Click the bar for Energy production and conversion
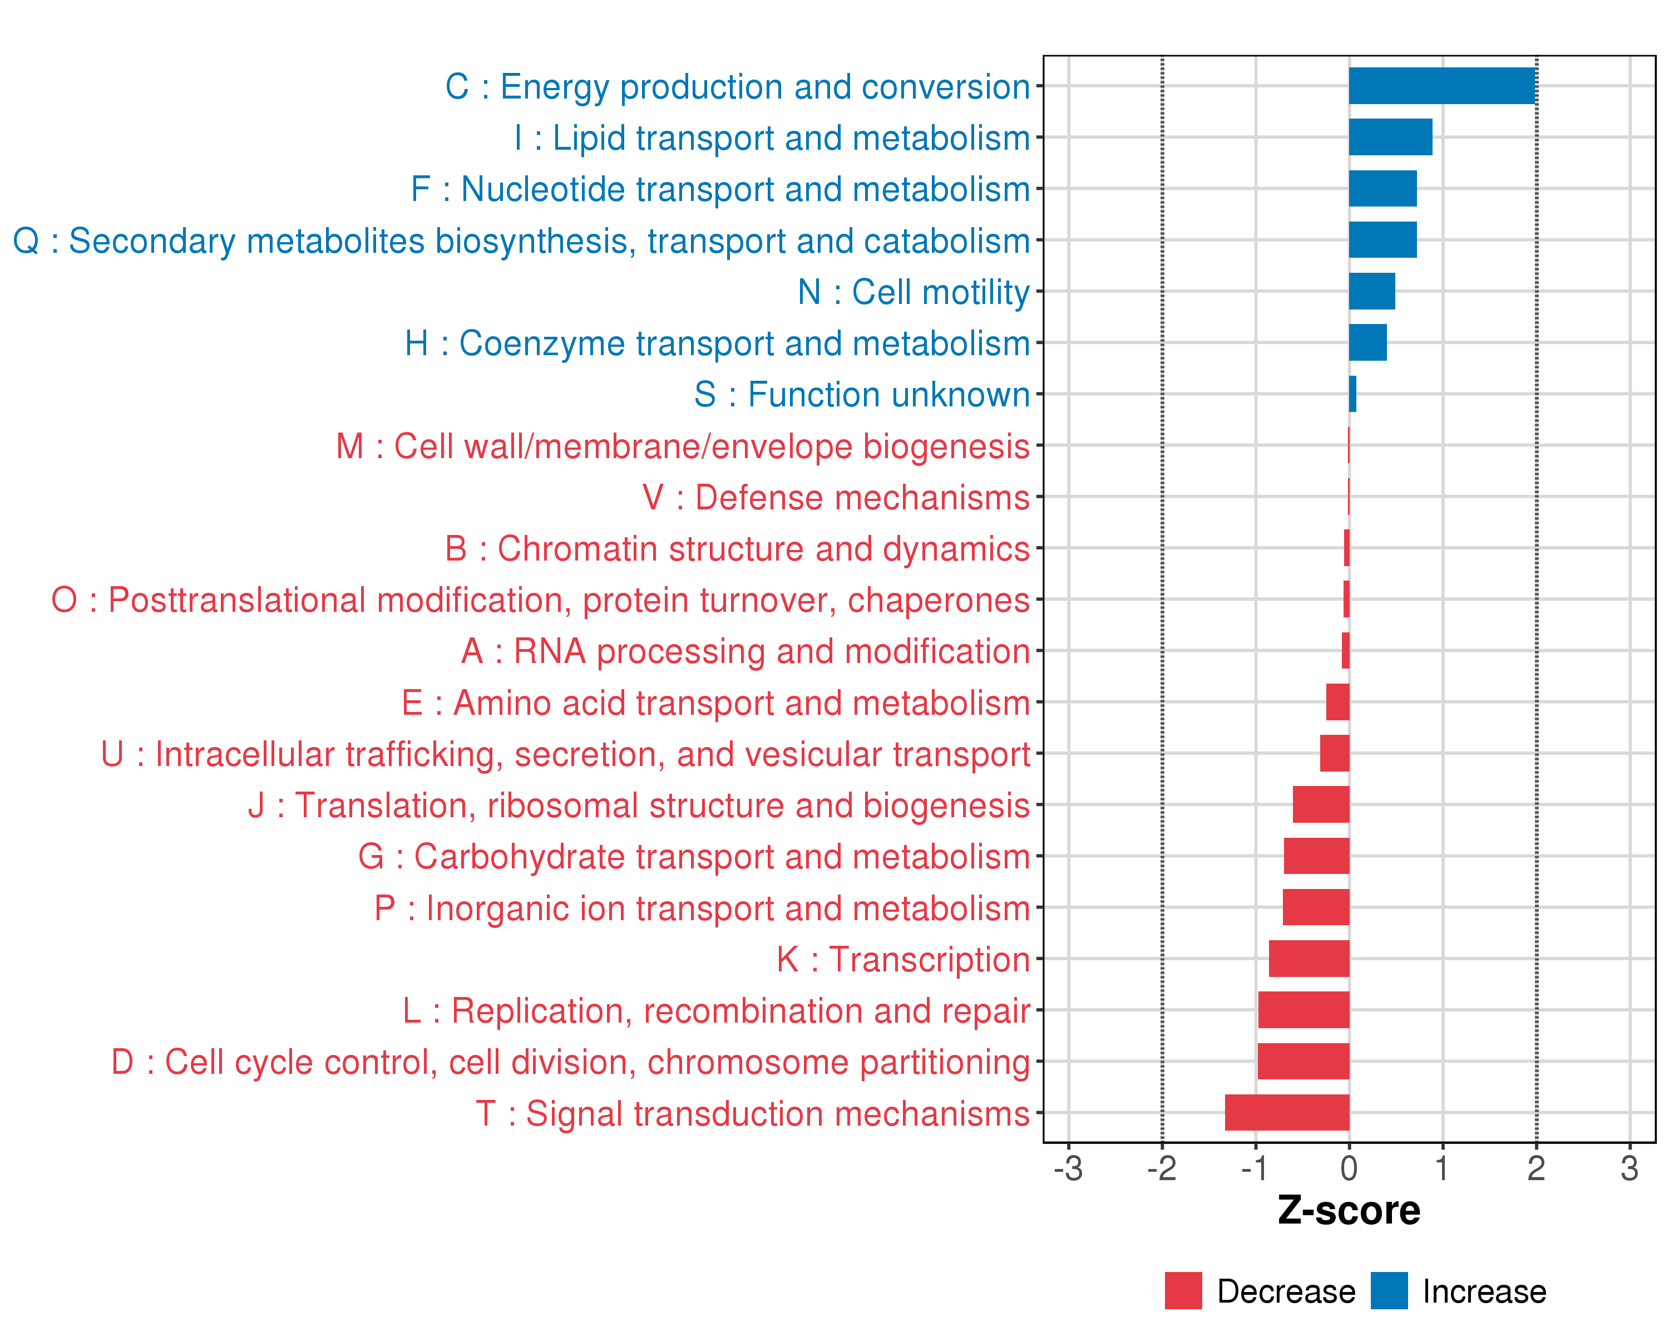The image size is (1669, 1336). [1441, 86]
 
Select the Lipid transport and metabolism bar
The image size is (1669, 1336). [1390, 137]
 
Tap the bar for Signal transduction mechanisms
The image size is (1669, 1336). [1287, 1112]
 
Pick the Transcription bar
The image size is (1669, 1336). [1309, 959]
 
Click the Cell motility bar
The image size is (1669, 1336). [1372, 291]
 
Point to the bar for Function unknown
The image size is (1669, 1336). [1352, 394]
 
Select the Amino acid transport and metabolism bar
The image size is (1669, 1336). [1337, 703]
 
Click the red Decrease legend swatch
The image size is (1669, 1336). [1183, 1290]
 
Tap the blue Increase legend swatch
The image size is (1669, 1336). [1389, 1290]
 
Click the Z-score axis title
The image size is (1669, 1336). [1349, 1211]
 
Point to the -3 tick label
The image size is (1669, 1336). [1068, 1168]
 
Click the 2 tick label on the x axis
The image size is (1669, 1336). [1536, 1168]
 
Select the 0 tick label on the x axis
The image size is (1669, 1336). [1349, 1168]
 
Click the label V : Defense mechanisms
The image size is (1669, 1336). [836, 497]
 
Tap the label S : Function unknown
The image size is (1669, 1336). [862, 394]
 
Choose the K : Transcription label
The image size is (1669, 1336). [903, 959]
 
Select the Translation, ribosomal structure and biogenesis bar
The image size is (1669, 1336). [1321, 805]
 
